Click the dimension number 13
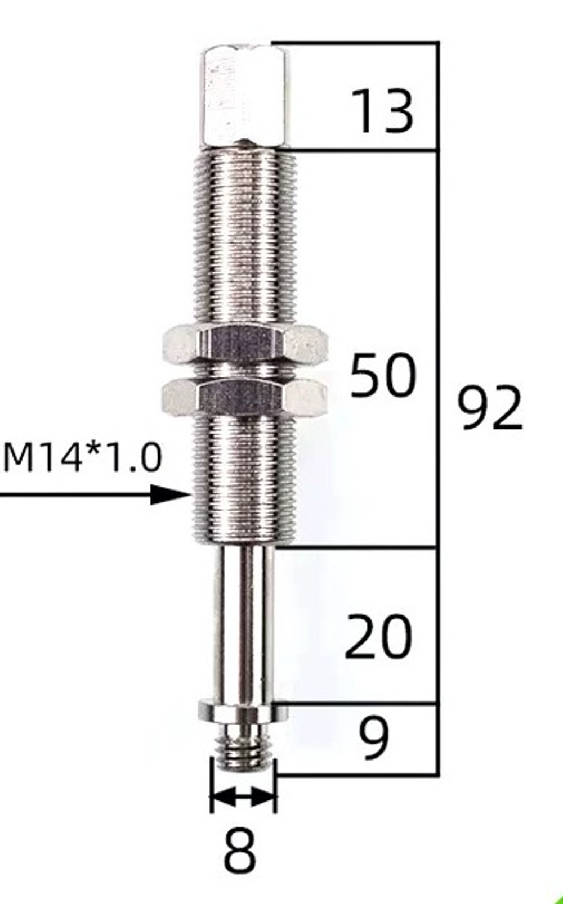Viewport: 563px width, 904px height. (x=382, y=111)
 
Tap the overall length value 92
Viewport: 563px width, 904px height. (x=489, y=407)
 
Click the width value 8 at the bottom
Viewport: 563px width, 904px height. (x=240, y=850)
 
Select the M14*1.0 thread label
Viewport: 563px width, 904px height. (x=83, y=457)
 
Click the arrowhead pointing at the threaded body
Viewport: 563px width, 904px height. (x=172, y=495)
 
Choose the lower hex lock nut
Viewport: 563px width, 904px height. (x=245, y=397)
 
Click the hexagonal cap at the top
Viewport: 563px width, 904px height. (x=245, y=96)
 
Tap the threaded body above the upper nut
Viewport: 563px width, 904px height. (x=245, y=236)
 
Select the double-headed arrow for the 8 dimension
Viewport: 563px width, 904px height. (x=243, y=797)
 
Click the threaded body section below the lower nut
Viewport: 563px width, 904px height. (x=245, y=478)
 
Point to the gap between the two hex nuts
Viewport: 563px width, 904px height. (x=245, y=370)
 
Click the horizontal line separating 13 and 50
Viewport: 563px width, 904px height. (x=360, y=150)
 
